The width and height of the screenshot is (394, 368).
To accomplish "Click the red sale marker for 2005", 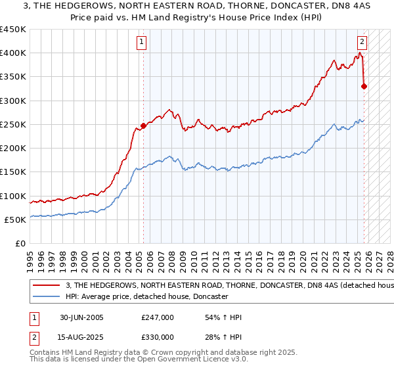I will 143,126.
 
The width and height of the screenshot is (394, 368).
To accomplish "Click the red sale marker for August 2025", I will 364,86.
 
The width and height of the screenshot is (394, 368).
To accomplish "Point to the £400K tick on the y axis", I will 13,53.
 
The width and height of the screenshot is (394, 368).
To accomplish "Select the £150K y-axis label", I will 13,172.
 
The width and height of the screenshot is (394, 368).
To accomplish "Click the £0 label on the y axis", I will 20,244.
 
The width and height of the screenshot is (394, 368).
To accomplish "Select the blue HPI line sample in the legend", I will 47,297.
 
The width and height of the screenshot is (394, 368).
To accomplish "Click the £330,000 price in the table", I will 158,337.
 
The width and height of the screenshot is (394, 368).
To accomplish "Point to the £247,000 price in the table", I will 158,318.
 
